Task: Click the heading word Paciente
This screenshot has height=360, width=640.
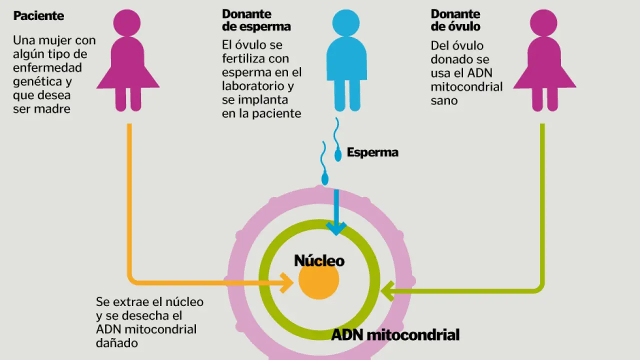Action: pos(38,15)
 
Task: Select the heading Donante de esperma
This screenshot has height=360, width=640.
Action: pos(256,20)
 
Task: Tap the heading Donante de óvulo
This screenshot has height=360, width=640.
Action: pos(455,20)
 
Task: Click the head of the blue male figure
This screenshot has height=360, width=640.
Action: pos(346,23)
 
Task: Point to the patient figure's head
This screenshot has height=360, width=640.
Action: pos(127,23)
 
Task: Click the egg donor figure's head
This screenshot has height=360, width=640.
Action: pos(543,23)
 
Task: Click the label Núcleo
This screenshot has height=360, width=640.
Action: pos(319,260)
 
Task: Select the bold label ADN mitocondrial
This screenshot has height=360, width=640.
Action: pos(395,335)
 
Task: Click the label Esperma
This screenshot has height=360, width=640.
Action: pos(372,152)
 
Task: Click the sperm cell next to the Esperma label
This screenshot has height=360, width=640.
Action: pos(338,155)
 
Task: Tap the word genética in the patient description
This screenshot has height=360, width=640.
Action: pos(38,81)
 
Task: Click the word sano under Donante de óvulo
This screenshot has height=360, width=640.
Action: pos(444,100)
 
